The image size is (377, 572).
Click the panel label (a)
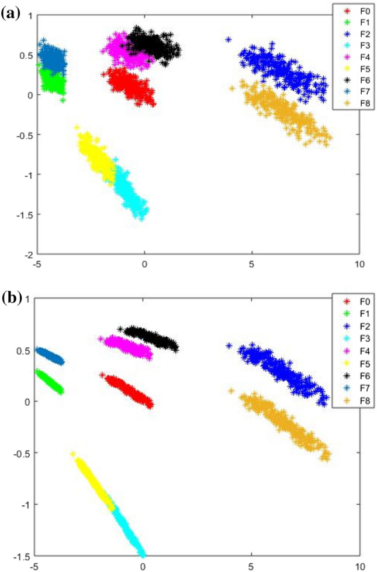[x=12, y=12]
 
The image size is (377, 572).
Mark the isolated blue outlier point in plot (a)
[x=229, y=40]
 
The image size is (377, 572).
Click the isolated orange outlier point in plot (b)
[x=231, y=391]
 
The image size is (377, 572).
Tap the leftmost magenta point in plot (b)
[x=101, y=339]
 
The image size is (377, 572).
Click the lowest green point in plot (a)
[x=63, y=100]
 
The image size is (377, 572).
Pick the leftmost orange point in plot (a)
[x=232, y=88]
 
